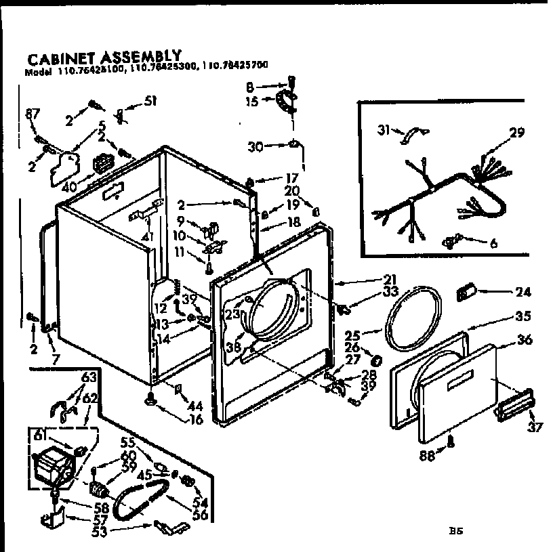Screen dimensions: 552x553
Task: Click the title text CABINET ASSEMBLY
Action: pos(103,56)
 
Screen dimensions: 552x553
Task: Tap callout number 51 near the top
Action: pos(150,102)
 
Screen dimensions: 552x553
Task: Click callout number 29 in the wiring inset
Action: pos(516,133)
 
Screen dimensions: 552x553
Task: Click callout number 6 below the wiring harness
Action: pos(493,242)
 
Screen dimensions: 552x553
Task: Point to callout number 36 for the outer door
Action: pos(525,340)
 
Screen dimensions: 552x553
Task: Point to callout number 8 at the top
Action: pos(249,87)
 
